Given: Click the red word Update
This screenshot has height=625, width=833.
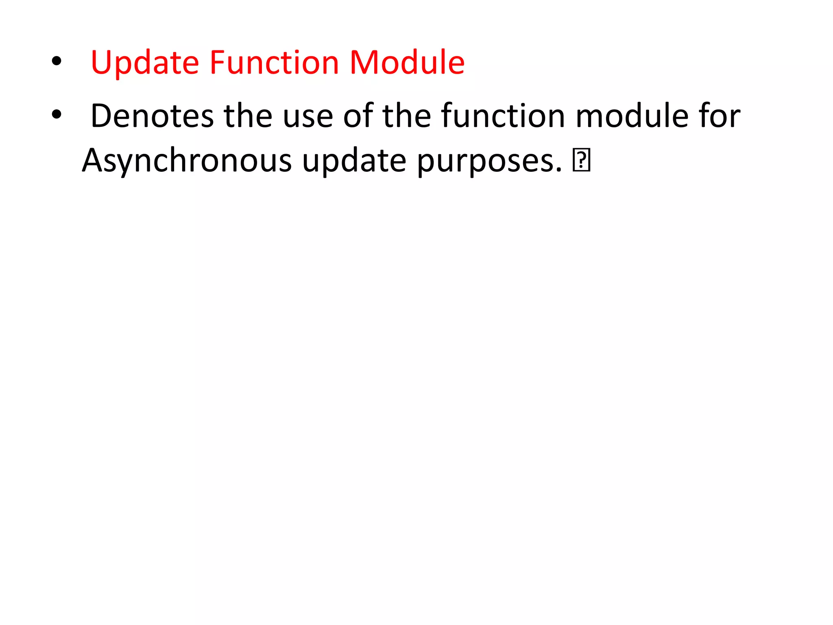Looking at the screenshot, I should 145,63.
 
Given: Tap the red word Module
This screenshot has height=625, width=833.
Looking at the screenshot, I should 407,63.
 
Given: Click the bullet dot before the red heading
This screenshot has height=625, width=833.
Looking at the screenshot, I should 57,61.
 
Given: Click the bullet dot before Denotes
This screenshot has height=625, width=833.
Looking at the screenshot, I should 57,115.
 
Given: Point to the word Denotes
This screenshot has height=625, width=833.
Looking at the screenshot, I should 152,116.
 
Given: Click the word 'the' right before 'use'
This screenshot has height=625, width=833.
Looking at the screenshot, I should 248,116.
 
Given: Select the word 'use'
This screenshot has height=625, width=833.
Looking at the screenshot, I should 308,118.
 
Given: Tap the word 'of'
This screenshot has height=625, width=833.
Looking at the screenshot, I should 358,116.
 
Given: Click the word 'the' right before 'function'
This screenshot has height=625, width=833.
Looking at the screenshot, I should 406,116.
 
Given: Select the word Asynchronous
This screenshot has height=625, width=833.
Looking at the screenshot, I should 187,161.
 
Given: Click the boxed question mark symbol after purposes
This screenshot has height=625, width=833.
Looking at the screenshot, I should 581,160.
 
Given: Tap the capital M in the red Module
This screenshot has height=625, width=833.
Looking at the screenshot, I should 364,63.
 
